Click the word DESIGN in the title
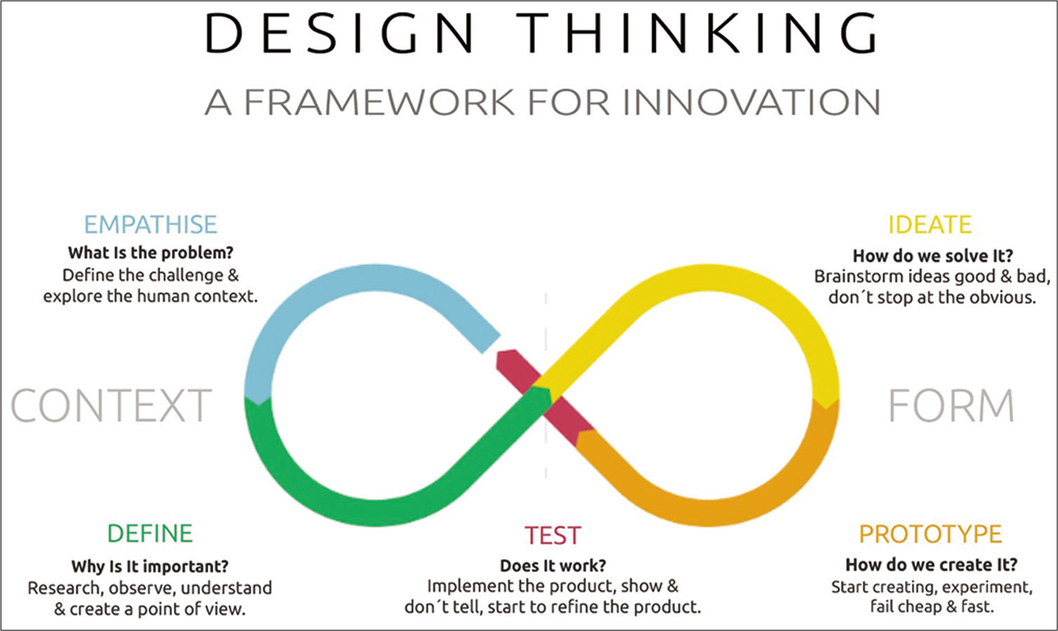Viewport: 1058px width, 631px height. [340, 33]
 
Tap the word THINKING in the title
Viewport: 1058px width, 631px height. [698, 33]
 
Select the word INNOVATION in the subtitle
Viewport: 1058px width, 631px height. [752, 102]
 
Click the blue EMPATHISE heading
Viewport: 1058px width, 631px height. [150, 225]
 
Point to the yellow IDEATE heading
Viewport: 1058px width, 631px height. [929, 225]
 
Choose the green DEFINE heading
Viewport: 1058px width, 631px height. [150, 534]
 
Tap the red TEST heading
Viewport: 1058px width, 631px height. [552, 536]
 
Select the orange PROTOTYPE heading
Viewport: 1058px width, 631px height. [931, 534]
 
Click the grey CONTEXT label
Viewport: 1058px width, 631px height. [111, 406]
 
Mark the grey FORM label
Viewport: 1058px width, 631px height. [951, 406]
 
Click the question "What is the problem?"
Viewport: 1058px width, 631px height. [150, 253]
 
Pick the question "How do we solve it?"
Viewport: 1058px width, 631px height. [933, 256]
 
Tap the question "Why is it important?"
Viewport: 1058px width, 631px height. [150, 566]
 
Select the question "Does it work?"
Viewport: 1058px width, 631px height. [552, 566]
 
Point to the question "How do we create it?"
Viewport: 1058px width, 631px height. [931, 565]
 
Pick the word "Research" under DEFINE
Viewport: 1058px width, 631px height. [66, 588]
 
